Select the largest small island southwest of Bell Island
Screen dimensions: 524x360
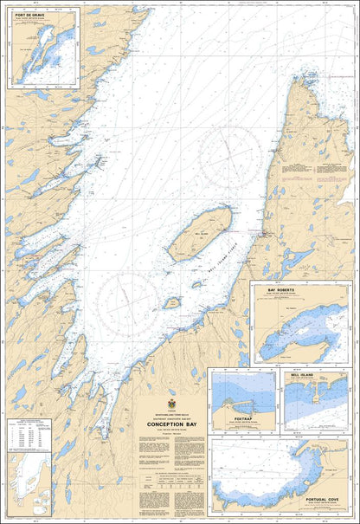[x=172, y=303]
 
